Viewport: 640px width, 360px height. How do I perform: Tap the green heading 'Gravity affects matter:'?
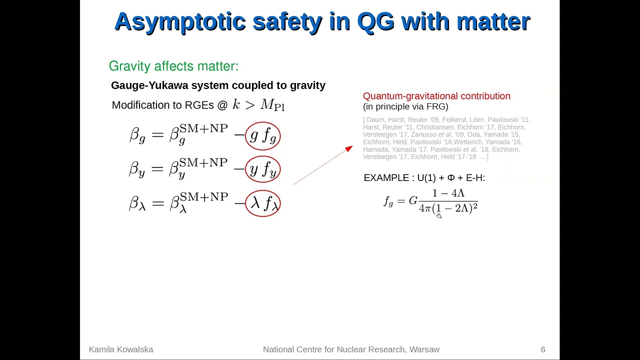coord(173,66)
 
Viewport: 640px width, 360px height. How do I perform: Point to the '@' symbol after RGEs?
coord(222,105)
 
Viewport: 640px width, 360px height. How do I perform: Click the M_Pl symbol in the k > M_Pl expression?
coord(272,105)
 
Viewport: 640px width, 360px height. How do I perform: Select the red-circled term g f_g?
coord(262,136)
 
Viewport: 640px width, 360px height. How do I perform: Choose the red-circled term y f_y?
coord(262,170)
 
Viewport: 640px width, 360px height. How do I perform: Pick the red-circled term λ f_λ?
coord(262,203)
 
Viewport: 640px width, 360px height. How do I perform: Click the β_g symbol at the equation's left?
coord(137,135)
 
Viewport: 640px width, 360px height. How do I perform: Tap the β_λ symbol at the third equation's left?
coord(137,203)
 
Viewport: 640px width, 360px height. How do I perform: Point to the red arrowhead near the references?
coord(349,148)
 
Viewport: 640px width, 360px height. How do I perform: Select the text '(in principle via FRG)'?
coord(405,106)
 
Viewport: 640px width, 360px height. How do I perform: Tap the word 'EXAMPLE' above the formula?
coord(386,178)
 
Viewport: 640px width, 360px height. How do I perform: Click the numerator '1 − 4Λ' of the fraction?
coord(448,193)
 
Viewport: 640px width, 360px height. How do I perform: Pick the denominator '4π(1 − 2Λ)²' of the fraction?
coord(448,208)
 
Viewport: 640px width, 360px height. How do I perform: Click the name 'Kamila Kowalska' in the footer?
coord(121,349)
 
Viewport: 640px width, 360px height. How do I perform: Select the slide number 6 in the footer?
coord(543,349)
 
